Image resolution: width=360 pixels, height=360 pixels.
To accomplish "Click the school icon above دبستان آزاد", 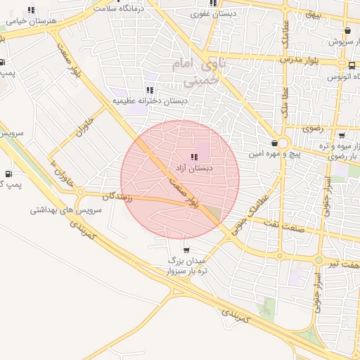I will click(x=193, y=157).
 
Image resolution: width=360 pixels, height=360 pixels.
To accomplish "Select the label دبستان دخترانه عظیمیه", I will click(x=150, y=101).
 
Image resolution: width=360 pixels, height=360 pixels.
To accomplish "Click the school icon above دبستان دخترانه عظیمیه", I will click(x=149, y=90).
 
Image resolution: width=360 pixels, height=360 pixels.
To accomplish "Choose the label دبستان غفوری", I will click(x=214, y=13).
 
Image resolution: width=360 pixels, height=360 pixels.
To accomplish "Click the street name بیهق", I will click(x=310, y=14).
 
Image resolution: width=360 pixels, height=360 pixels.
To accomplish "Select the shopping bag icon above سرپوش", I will click(x=347, y=31).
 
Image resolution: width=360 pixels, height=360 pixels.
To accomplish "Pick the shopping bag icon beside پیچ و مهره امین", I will click(x=274, y=143).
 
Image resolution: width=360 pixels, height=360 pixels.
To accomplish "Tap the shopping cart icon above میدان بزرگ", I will click(x=186, y=250).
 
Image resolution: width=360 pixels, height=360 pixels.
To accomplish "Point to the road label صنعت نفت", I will click(x=285, y=224).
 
